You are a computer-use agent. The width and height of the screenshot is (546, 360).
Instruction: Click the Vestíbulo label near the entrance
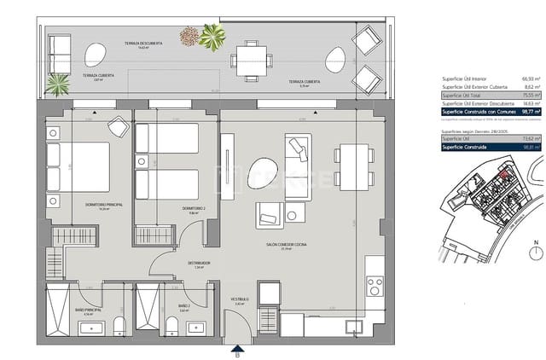(x=240, y=299)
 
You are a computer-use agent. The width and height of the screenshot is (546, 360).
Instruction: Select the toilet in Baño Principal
(x=120, y=324)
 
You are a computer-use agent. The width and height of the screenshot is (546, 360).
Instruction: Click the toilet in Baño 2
(x=171, y=325)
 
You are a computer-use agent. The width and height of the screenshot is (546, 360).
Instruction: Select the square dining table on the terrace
(x=252, y=61)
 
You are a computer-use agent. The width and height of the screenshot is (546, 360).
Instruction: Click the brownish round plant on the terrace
(x=189, y=36)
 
